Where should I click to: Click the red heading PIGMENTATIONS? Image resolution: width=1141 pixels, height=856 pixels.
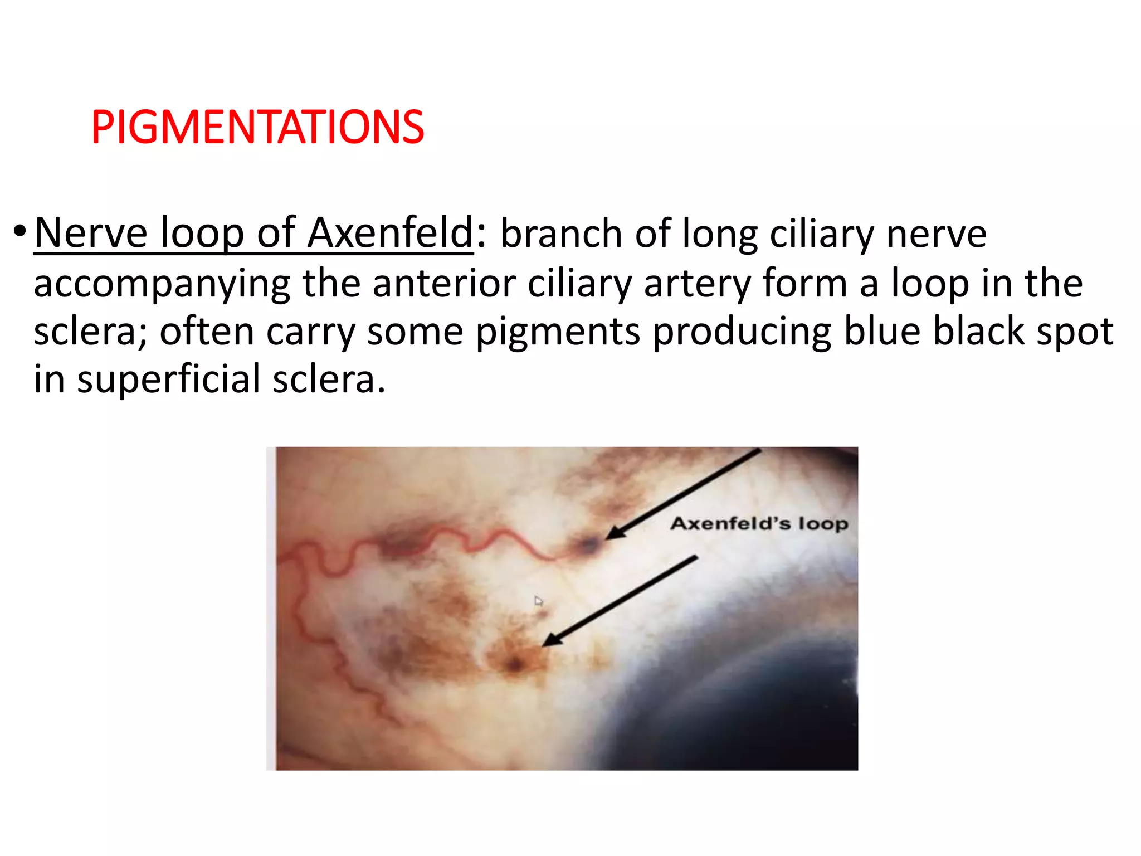pyautogui.click(x=257, y=127)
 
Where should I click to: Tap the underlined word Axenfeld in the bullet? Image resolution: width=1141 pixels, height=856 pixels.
pyautogui.click(x=390, y=233)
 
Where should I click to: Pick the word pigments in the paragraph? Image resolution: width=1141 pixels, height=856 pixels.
pyautogui.click(x=558, y=333)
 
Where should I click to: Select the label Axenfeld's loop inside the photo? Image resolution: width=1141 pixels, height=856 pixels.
pyautogui.click(x=759, y=524)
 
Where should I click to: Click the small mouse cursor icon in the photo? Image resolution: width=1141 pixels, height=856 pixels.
pyautogui.click(x=538, y=601)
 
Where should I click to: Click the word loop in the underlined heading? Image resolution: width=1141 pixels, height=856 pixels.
pyautogui.click(x=202, y=233)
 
